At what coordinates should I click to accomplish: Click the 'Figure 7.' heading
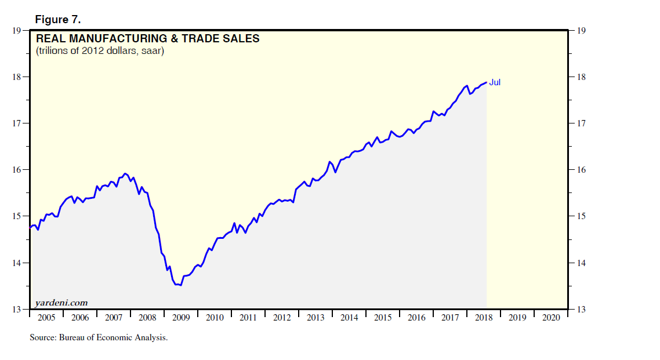tap(58, 20)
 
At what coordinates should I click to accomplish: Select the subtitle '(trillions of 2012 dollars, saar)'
tap(100, 51)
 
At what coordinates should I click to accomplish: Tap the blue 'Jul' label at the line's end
tap(495, 82)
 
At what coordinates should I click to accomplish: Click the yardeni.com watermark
tap(61, 303)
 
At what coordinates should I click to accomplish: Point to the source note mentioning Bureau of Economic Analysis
tap(99, 337)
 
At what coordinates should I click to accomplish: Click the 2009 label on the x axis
tap(181, 318)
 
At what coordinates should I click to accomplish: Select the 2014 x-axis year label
tap(349, 318)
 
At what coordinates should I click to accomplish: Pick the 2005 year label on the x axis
tap(46, 318)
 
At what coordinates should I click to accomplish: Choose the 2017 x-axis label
tap(450, 318)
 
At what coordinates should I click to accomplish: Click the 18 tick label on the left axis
tap(16, 77)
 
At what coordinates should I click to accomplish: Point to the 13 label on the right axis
tap(580, 310)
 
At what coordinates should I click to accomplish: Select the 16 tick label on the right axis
tap(580, 170)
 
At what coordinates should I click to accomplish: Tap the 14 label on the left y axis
tap(16, 263)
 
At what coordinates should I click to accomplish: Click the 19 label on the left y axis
tap(16, 31)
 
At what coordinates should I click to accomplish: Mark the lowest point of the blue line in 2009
tap(180, 285)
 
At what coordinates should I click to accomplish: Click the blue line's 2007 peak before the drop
tap(125, 173)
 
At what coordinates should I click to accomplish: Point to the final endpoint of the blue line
tap(486, 82)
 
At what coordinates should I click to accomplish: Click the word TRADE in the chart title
tap(196, 39)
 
